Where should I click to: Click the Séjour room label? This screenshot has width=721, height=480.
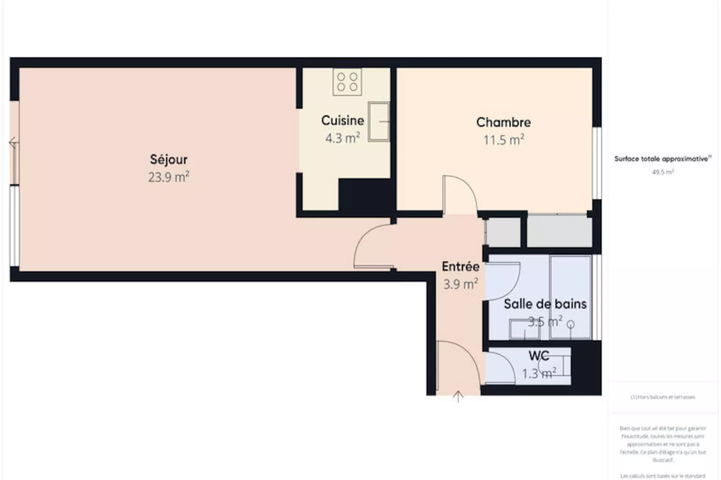pyautogui.click(x=168, y=159)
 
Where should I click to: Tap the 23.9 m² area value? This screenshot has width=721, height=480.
pyautogui.click(x=168, y=177)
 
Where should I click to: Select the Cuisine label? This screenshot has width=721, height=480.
pyautogui.click(x=343, y=120)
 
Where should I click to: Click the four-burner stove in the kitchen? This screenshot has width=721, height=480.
pyautogui.click(x=347, y=82)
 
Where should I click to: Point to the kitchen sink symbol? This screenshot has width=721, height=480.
pyautogui.click(x=378, y=122)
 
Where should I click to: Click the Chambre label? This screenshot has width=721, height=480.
pyautogui.click(x=503, y=122)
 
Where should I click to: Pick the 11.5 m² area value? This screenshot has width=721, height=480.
pyautogui.click(x=503, y=140)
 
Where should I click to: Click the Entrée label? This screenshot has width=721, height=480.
pyautogui.click(x=460, y=266)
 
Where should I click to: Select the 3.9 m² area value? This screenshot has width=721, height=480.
pyautogui.click(x=460, y=284)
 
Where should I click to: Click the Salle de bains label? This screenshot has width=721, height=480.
pyautogui.click(x=545, y=304)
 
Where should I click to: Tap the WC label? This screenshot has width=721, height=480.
pyautogui.click(x=539, y=356)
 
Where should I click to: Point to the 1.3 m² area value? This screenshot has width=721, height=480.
pyautogui.click(x=539, y=373)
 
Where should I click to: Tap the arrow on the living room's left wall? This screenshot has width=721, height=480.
pyautogui.click(x=13, y=143)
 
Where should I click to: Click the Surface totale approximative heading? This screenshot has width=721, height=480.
pyautogui.click(x=662, y=159)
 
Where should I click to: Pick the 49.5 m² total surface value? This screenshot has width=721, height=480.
pyautogui.click(x=663, y=172)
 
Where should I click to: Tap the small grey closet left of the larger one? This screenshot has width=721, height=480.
pyautogui.click(x=503, y=232)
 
